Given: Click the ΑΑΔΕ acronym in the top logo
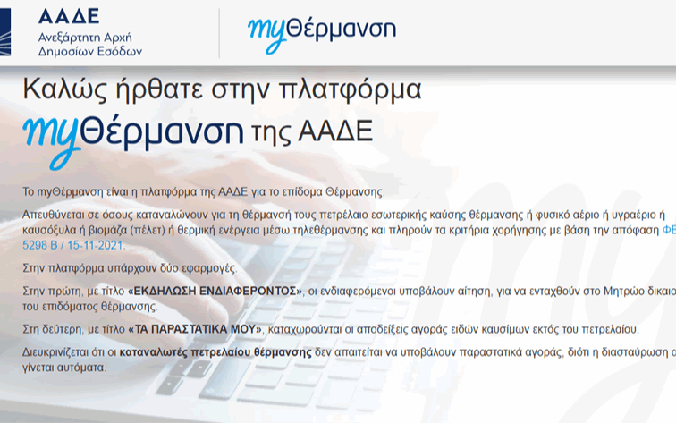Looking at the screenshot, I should pyautogui.click(x=69, y=15).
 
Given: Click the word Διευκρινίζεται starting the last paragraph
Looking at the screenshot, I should pyautogui.click(x=59, y=354).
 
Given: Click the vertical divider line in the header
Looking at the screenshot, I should pyautogui.click(x=219, y=33).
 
